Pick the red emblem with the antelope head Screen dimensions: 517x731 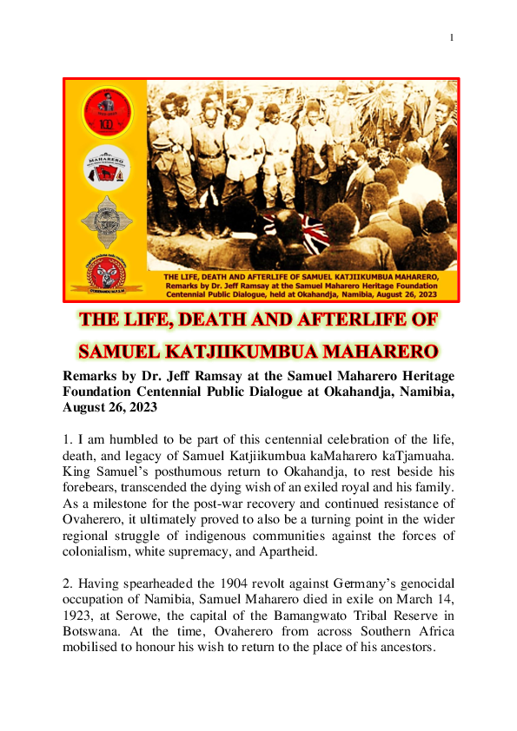105,273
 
